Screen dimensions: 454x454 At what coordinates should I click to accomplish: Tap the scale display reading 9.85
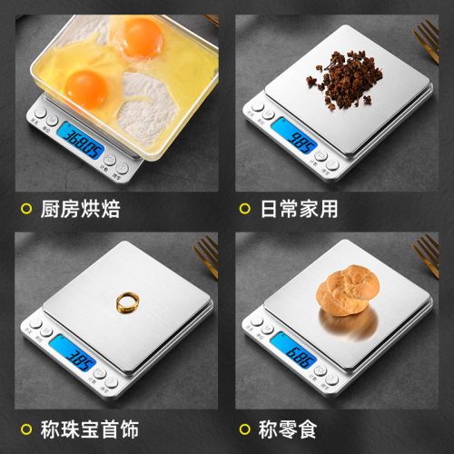(301, 141)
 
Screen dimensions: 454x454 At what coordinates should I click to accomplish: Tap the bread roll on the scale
(348, 290)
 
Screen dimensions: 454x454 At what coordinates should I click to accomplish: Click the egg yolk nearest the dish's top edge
(141, 37)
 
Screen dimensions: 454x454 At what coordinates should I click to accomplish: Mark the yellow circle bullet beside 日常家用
(242, 210)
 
